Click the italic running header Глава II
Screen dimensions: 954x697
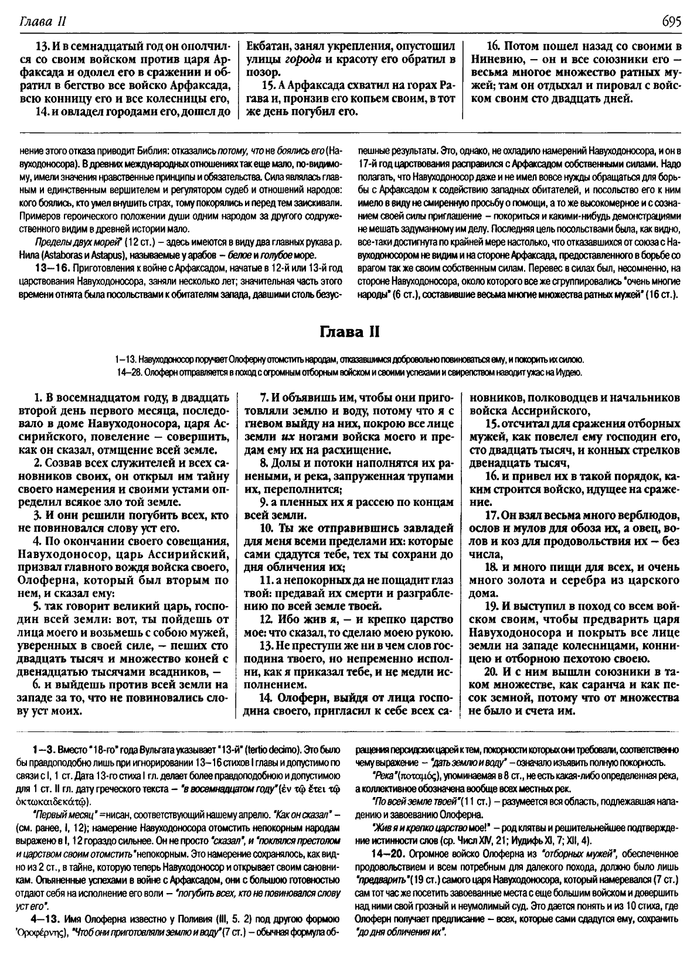[x=42, y=22]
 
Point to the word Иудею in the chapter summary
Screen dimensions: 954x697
[x=570, y=372]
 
